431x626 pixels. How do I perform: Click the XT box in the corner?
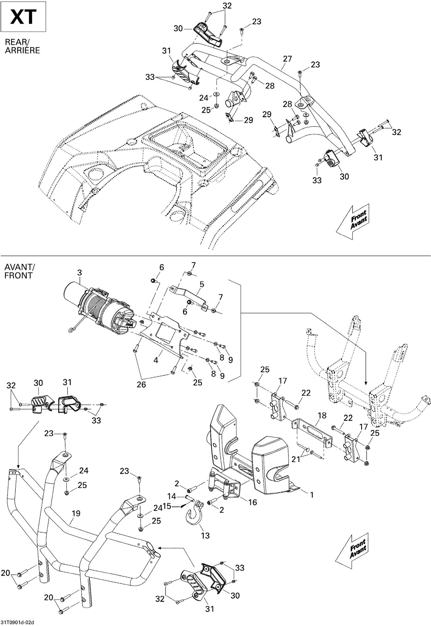point(23,17)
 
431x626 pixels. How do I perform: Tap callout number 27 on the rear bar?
point(287,59)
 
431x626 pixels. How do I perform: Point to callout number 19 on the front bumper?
point(76,513)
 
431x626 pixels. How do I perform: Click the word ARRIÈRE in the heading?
point(22,50)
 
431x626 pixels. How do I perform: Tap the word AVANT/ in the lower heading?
point(19,267)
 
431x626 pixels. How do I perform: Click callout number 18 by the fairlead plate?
point(322,416)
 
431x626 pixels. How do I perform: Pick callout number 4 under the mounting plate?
point(156,360)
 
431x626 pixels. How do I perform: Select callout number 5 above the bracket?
point(202,285)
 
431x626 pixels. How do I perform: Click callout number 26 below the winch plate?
point(141,385)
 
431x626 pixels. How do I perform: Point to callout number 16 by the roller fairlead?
point(253,502)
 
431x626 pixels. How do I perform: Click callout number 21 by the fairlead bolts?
point(296,459)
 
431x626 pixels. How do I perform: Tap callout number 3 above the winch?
point(79,272)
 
